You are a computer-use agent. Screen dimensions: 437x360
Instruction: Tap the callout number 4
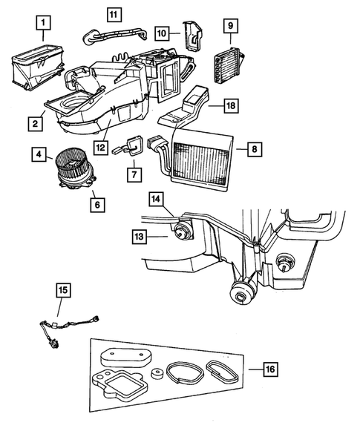(36, 155)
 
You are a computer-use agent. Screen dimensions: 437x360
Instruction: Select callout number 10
(162, 33)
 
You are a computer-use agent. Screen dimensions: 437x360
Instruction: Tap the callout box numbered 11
(112, 14)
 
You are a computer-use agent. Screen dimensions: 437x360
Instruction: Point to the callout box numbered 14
(156, 199)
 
